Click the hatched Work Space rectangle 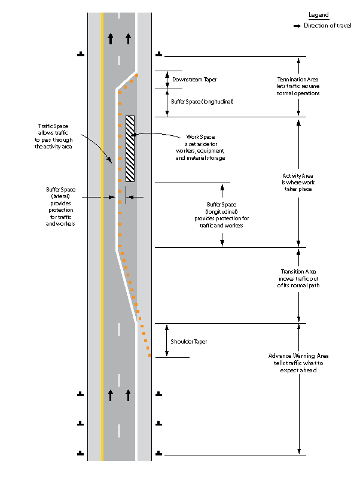(130, 148)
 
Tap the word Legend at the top (318, 15)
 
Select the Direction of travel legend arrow (297, 26)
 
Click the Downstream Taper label (194, 79)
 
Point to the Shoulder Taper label (189, 341)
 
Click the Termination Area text (298, 86)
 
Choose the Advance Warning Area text (298, 363)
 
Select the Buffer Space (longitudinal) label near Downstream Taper (202, 102)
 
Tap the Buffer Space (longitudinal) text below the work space (222, 215)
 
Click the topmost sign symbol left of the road (81, 54)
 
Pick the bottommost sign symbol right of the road (158, 452)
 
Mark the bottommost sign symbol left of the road (81, 452)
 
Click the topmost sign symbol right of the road (158, 54)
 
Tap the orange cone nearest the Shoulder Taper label (149, 355)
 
